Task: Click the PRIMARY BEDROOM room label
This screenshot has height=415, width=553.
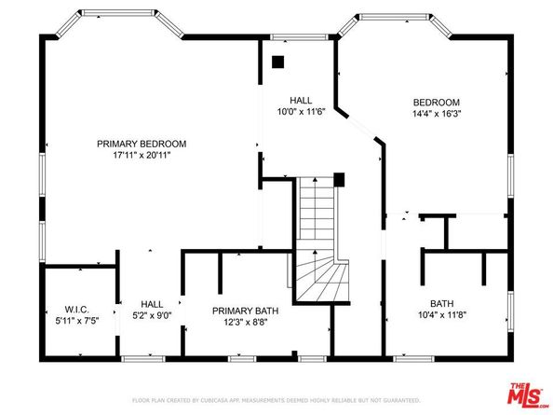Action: point(142,144)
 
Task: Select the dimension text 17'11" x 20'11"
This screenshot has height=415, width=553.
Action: point(142,156)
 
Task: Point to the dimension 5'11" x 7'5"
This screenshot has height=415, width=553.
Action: point(75,322)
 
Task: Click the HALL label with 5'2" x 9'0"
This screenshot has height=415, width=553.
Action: point(152,304)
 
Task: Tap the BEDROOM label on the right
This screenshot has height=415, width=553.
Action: point(435,103)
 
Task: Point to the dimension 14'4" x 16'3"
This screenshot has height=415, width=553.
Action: point(435,115)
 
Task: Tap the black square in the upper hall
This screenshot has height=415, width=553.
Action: point(276,63)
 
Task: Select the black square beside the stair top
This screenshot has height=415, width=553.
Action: point(339,179)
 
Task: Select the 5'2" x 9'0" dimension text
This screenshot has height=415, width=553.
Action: point(152,315)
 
